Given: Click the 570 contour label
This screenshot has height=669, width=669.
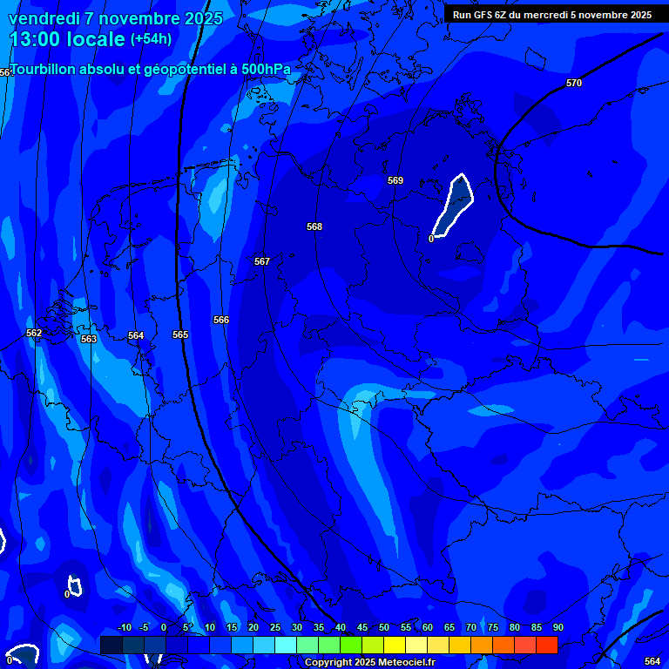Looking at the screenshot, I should [573, 83].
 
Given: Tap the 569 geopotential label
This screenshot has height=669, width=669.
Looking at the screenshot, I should [395, 180].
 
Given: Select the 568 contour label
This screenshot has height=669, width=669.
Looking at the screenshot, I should [314, 226].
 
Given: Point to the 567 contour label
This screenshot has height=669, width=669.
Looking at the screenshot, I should [262, 261].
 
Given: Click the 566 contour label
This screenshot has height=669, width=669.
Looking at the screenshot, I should [221, 320].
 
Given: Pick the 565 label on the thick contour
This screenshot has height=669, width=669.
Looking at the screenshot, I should [180, 334].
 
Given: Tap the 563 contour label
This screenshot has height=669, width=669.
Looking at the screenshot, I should [89, 339].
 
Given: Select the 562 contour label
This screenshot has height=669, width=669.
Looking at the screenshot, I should [34, 333].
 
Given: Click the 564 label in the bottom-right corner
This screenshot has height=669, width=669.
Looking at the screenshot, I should [652, 662].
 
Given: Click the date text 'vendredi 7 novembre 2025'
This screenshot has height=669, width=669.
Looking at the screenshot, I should [115, 18].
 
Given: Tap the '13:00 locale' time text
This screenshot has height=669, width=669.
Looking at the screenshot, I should [67, 39].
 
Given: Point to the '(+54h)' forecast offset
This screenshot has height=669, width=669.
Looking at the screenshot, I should [151, 39].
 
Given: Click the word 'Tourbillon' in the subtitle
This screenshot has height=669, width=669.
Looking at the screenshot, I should [44, 70].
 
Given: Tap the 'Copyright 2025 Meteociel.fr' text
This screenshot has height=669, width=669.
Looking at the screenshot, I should [369, 663].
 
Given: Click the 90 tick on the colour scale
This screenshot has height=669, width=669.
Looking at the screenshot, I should [557, 627].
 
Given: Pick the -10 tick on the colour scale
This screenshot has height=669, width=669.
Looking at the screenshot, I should [125, 627].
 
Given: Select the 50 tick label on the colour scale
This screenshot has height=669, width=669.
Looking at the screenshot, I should [384, 627].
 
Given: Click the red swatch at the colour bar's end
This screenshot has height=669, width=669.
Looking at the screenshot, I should [547, 645].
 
